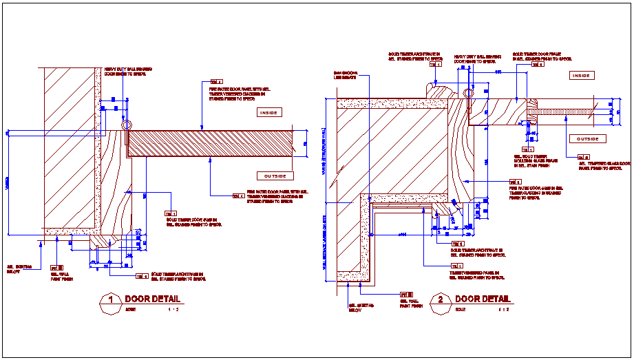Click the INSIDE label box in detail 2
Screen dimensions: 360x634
582,75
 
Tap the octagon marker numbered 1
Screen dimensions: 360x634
109,304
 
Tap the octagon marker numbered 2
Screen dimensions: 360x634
440,304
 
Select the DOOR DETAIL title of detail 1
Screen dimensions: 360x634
152,299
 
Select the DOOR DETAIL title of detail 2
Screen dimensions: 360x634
483,299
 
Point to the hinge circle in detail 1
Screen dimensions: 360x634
126,125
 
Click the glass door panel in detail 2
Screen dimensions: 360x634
568,111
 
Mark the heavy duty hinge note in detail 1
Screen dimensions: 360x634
128,71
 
